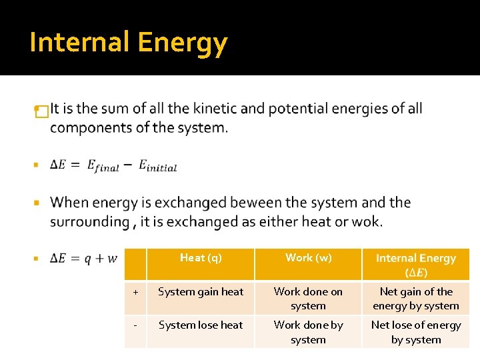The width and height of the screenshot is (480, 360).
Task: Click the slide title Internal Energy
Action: pyautogui.click(x=129, y=43)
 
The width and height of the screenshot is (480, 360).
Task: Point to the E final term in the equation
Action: pyautogui.click(x=103, y=166)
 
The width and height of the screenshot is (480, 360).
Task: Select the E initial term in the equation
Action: pyautogui.click(x=158, y=166)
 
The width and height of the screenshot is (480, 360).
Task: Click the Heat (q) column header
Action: pyautogui.click(x=201, y=258)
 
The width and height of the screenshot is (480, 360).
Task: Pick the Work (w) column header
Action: pyautogui.click(x=308, y=258)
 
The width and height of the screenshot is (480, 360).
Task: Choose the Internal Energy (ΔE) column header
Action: pyautogui.click(x=416, y=265)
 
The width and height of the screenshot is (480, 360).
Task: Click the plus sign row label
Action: pyautogui.click(x=135, y=292)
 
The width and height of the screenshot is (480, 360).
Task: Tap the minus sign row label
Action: pyautogui.click(x=135, y=325)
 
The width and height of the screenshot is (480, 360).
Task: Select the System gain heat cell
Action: pyautogui.click(x=201, y=292)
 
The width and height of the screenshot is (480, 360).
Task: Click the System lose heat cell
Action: pyautogui.click(x=201, y=325)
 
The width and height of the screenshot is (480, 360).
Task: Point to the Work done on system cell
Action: pyautogui.click(x=308, y=299)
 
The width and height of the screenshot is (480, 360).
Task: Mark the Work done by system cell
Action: pyautogui.click(x=308, y=332)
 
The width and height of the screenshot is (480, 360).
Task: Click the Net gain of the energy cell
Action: pyautogui.click(x=416, y=299)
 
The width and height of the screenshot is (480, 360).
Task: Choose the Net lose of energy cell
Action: pyautogui.click(x=416, y=332)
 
